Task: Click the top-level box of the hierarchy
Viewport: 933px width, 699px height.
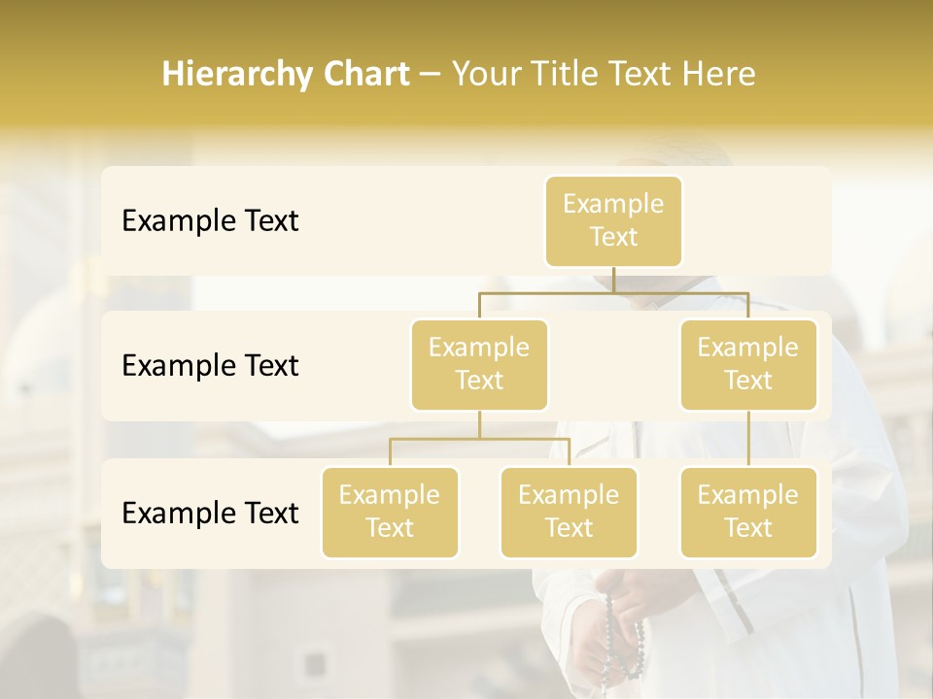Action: [x=613, y=220]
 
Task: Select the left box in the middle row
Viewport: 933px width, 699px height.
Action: [x=479, y=364]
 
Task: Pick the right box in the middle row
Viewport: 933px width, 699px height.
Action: [x=748, y=364]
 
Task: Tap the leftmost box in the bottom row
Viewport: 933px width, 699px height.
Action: [x=390, y=512]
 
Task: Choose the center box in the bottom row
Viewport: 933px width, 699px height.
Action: [x=569, y=512]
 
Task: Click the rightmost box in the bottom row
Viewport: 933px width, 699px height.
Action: [x=748, y=512]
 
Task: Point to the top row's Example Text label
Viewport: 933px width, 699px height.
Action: [x=210, y=221]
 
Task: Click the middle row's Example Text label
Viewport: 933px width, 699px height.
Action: [x=210, y=366]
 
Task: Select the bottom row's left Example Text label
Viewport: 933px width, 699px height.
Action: [x=210, y=513]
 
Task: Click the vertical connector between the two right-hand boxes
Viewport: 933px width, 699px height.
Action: [x=748, y=439]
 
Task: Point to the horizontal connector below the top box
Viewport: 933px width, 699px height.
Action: [x=613, y=292]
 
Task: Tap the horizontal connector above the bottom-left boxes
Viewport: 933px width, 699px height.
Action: [x=479, y=439]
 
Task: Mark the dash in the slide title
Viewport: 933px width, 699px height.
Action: [x=431, y=75]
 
